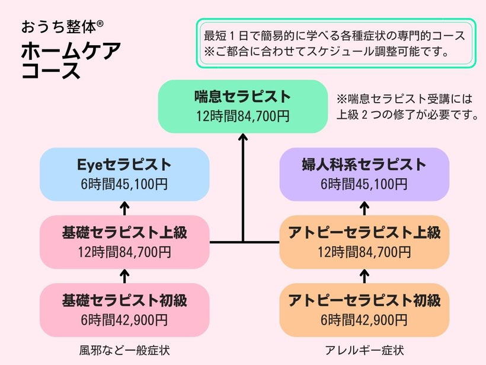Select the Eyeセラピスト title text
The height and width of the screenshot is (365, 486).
point(124,165)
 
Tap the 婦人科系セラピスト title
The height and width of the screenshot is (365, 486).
point(364,165)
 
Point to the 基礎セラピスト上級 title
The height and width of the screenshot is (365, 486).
point(124,233)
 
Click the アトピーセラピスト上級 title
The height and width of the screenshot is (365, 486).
point(364,233)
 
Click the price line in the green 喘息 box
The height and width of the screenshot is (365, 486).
point(243,116)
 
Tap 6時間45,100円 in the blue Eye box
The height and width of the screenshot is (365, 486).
point(124,184)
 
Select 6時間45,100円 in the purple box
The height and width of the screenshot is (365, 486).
point(364,184)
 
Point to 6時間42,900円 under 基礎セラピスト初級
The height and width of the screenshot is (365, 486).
point(124,320)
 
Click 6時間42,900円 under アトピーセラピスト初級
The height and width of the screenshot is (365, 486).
point(364,320)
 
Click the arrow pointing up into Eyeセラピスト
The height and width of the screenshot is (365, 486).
point(124,207)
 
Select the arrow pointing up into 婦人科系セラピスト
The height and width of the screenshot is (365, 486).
point(364,207)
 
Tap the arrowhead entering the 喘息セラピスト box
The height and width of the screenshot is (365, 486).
point(243,138)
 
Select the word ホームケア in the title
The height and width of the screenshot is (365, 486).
point(71,52)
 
